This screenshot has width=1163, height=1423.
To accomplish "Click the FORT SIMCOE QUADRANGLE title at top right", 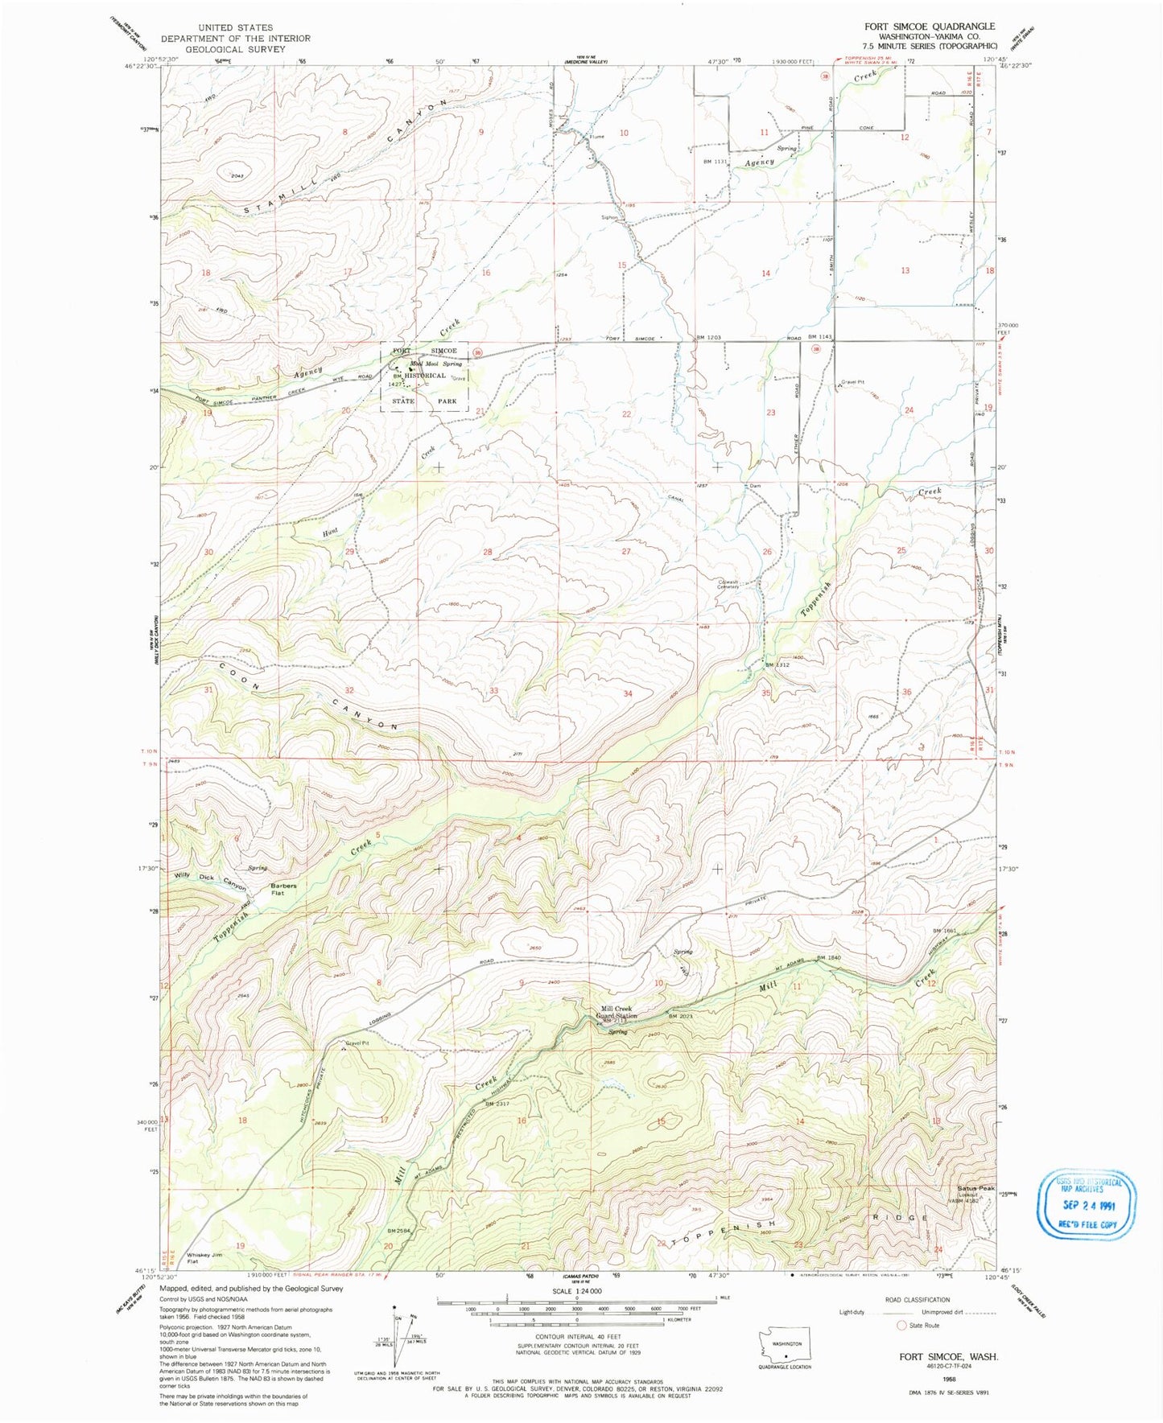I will pos(930,27).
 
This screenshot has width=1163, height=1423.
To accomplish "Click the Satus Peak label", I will pos(975,1189).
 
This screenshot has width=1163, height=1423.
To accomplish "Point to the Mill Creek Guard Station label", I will pos(617,1012).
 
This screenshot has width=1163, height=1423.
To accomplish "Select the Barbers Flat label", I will pos(283,890).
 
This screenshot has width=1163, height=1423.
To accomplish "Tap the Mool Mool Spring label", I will pos(436,364).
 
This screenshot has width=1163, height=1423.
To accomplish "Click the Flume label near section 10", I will pos(596,136).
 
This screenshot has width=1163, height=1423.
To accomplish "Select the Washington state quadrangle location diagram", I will pos(786,1343).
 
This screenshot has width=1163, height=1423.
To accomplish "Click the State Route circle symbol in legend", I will pos(902,1325).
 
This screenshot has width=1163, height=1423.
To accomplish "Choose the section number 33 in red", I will pos(493,691).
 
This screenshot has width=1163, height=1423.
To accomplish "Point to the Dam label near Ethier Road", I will pos(755,486).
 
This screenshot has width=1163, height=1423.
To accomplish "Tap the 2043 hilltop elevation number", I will pos(236,176).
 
